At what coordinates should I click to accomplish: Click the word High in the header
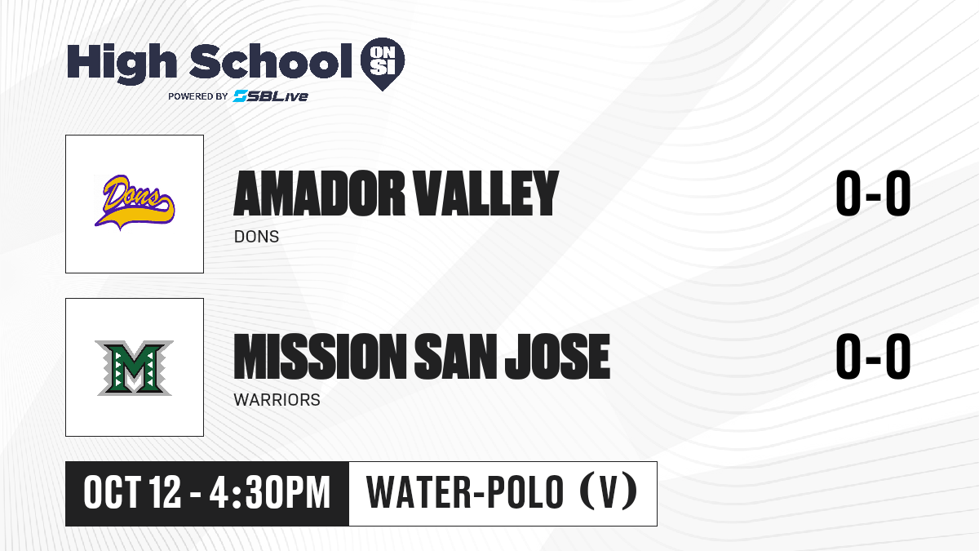coord(122,63)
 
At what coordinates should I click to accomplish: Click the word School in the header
coord(271,61)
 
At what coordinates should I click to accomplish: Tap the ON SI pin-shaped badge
coord(383,64)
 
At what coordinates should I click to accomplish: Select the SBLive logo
coord(271,96)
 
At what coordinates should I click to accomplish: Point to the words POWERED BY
coord(198,96)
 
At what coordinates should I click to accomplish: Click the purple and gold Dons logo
coord(134,202)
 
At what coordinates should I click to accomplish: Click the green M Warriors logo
coord(134,368)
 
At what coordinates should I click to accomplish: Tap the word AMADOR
coord(320,193)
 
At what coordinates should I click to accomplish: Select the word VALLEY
coord(486,193)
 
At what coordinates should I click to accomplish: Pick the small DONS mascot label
coord(256,237)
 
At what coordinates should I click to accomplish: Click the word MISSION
coord(321,356)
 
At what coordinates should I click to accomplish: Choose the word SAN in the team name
coord(455,356)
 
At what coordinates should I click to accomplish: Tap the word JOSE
coord(557,356)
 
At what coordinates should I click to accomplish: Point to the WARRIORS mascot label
coord(277,400)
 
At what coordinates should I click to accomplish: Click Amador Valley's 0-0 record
coord(873,193)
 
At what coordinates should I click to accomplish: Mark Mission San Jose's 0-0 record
coord(873,356)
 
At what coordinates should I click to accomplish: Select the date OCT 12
coord(132,492)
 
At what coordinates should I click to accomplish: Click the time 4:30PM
coord(270,492)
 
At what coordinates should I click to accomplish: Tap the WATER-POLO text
coord(465,492)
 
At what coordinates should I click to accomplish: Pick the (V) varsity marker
coord(609,491)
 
